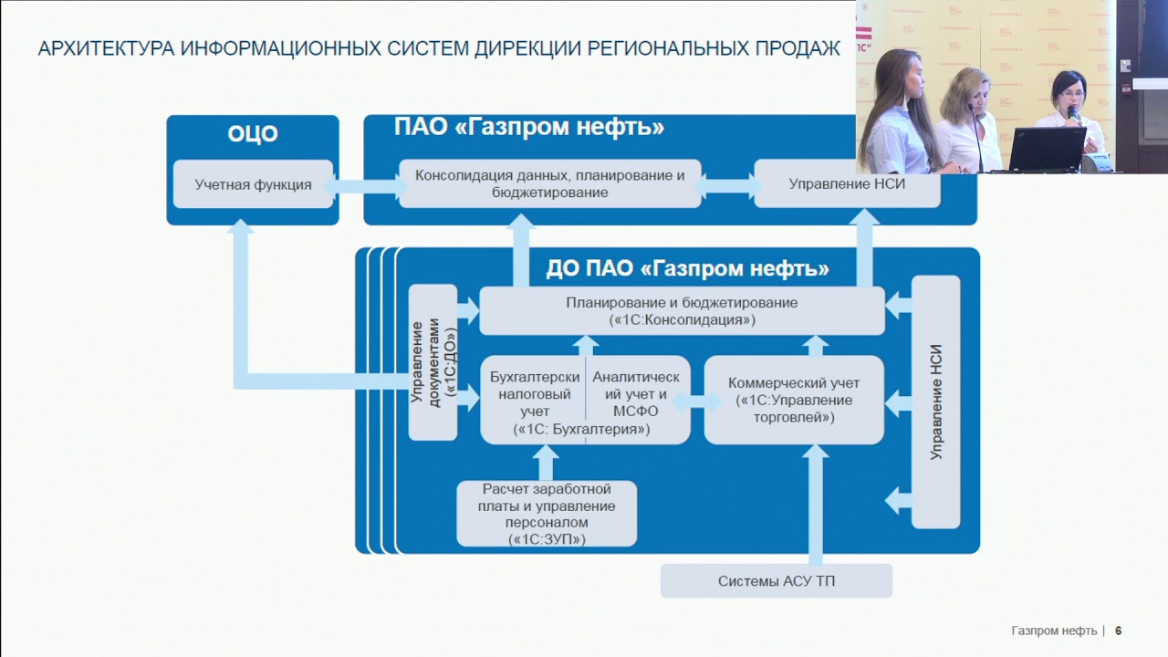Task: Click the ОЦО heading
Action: tap(253, 134)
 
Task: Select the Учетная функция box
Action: tap(253, 184)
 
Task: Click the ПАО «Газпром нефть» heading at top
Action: tap(529, 127)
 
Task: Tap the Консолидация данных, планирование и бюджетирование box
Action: tap(550, 183)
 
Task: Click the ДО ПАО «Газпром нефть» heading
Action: tap(687, 268)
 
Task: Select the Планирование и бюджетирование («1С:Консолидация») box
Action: tap(682, 311)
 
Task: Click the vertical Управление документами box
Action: tap(433, 362)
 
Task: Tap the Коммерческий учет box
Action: tap(794, 400)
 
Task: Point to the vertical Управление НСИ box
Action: tap(936, 401)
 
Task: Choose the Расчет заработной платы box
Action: tap(547, 514)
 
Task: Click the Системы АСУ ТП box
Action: tap(777, 581)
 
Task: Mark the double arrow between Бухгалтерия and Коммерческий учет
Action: tap(697, 401)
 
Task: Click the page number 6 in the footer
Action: tap(1118, 631)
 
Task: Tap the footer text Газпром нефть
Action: tap(1054, 631)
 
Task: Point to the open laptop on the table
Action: tap(1045, 149)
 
